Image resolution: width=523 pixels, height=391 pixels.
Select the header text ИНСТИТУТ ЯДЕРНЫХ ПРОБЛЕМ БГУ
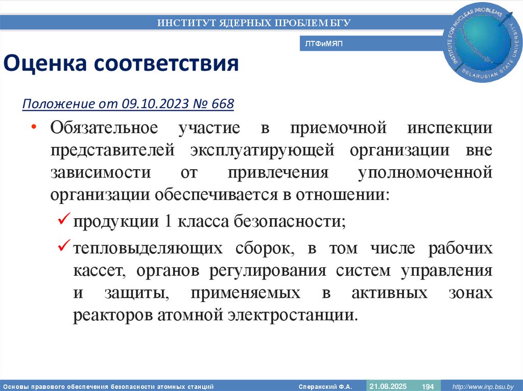tap(254, 22)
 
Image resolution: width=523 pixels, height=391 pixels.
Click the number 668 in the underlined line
tap(221, 104)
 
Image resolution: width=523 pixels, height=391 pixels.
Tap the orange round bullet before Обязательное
tap(34, 127)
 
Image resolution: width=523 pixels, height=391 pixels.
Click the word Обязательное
tap(104, 127)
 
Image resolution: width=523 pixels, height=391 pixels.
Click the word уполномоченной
tap(425, 172)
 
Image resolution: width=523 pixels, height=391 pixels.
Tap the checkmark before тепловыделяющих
tap(63, 247)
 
